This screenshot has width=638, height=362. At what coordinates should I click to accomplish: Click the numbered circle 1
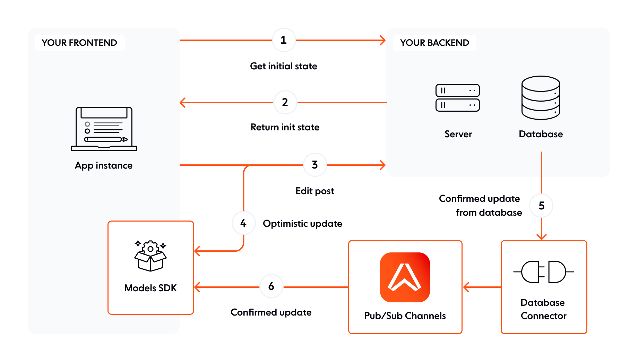[284, 40]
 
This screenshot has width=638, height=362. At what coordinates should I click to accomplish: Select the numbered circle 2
[285, 102]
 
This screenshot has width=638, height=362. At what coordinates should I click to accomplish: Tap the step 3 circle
[315, 165]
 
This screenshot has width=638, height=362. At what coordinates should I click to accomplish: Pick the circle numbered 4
[243, 223]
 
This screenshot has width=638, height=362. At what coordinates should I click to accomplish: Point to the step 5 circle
[541, 206]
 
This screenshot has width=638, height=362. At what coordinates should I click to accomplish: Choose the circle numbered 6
[271, 286]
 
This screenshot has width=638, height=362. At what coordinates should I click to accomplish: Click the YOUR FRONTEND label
[79, 43]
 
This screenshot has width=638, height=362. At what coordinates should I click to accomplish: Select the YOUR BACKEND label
[434, 43]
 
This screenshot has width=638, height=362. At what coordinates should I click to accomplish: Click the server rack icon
[457, 98]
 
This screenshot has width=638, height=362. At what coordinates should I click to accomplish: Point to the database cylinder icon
[541, 98]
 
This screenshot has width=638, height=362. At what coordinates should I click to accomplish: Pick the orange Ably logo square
[405, 277]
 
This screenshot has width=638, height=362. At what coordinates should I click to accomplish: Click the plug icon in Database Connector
[543, 272]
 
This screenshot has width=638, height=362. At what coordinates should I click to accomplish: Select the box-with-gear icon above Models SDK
[150, 256]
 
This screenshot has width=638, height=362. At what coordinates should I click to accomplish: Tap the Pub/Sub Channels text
[405, 316]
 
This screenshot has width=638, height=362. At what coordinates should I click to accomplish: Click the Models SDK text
[150, 288]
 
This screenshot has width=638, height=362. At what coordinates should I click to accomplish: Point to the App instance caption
[103, 165]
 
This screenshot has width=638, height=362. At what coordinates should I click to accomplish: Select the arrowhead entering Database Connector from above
[541, 237]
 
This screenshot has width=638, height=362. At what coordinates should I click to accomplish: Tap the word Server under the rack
[458, 134]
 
